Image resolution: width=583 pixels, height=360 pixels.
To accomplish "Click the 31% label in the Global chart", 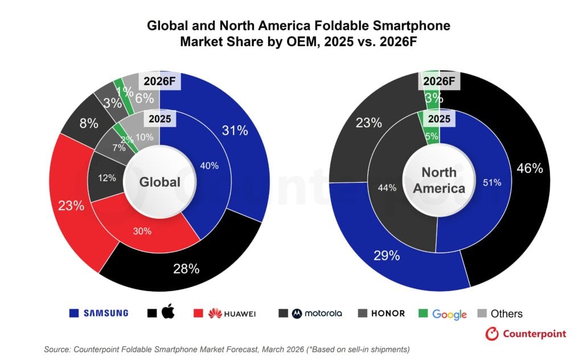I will [235, 131].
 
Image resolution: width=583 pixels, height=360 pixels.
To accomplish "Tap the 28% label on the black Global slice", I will [186, 268].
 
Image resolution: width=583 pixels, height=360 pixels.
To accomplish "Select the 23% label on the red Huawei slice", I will [71, 206].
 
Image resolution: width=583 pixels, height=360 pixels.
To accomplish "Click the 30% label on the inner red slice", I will [142, 231].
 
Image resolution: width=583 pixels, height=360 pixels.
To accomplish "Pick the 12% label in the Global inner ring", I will [107, 178].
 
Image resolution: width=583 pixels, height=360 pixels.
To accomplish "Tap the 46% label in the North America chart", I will [529, 168].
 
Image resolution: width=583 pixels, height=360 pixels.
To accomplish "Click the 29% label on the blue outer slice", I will [387, 256].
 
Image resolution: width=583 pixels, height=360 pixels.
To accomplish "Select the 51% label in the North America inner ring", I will [492, 183].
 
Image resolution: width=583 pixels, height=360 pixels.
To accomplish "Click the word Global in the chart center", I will [160, 182].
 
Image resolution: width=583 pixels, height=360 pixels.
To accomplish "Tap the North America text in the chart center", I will [439, 180].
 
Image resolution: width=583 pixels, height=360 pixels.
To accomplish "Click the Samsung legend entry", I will [98, 313].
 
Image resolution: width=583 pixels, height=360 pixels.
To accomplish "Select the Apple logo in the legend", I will [168, 312].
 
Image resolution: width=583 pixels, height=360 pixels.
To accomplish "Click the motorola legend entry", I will [310, 313].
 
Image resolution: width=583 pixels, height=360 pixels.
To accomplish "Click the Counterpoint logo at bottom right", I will [525, 334].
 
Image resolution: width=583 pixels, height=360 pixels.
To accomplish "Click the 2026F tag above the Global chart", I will [159, 81].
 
